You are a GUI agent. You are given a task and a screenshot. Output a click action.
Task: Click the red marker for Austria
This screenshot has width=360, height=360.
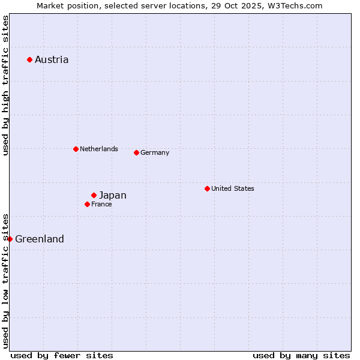29,59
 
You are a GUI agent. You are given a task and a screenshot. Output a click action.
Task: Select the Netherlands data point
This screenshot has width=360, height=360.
76,149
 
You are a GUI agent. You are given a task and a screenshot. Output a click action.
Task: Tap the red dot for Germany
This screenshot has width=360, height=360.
136,152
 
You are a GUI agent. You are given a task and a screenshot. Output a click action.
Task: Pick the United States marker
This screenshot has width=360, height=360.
207,188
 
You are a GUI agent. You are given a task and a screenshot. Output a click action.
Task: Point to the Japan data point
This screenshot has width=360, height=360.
94,195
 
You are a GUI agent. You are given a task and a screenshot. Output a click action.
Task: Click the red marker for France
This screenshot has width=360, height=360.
87,204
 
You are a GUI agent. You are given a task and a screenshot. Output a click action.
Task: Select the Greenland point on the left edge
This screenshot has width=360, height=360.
10,239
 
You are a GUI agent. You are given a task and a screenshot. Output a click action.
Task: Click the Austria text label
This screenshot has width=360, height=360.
52,59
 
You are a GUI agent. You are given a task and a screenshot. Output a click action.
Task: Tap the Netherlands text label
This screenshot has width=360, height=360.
99,149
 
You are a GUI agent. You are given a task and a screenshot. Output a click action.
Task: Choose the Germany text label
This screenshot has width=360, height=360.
155,152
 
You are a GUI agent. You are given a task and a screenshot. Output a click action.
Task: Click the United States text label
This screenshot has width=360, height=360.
233,188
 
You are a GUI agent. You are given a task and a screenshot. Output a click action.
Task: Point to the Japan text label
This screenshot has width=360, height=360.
113,195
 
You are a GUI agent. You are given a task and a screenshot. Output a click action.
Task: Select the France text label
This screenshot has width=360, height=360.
101,204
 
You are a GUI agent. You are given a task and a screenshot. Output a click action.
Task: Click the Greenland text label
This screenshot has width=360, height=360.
40,239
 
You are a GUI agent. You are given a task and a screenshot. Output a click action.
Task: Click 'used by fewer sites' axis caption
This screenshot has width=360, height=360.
62,355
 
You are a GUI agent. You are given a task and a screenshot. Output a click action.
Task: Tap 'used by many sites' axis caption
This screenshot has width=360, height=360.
301,355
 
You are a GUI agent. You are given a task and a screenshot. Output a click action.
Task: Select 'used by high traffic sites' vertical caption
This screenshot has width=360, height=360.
5,86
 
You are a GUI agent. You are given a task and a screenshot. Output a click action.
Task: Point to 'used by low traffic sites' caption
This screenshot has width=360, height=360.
5,281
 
